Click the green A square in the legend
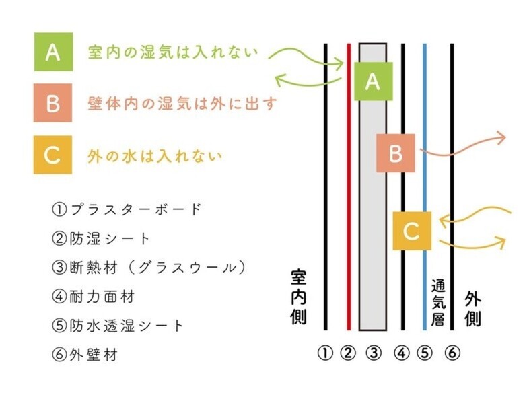[53, 52]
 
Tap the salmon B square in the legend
[53, 103]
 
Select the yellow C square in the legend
[53, 155]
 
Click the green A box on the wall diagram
[374, 81]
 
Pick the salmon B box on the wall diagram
[395, 153]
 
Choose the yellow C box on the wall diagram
[412, 231]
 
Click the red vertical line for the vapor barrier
[349, 187]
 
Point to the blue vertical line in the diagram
[425, 187]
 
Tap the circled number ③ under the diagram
[374, 353]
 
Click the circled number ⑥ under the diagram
[452, 353]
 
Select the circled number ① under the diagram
[325, 353]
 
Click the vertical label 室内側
[298, 297]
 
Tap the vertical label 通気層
[438, 303]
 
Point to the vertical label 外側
[473, 310]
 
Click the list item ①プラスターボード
[127, 209]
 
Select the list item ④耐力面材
[93, 297]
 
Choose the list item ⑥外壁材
[85, 355]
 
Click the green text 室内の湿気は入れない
[173, 52]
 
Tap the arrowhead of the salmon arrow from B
[501, 137]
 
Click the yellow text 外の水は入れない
[155, 156]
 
